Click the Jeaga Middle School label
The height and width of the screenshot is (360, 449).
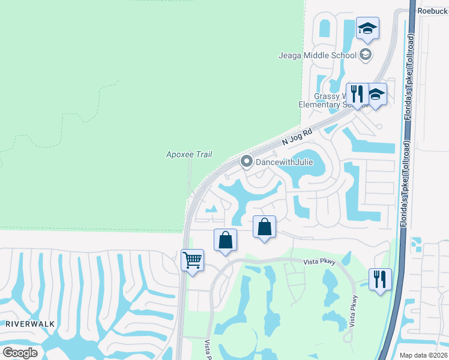[317, 56]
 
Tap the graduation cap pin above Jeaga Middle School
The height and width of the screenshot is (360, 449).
[367, 29]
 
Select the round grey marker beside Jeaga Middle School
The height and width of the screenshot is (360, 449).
[365, 56]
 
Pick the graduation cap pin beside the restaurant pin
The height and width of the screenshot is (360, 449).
[376, 95]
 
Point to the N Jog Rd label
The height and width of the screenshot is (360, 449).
[298, 137]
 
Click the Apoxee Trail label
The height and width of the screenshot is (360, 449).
[189, 155]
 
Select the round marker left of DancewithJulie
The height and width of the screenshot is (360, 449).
[246, 161]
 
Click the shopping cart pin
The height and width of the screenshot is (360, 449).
[193, 261]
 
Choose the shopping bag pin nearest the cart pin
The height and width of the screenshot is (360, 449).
[225, 241]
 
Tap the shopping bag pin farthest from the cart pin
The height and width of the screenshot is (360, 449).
[264, 227]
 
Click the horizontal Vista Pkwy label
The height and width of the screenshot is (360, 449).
[319, 262]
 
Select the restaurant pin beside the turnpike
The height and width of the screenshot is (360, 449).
[381, 280]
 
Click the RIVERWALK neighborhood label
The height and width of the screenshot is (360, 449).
[30, 323]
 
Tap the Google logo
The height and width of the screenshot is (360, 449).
[20, 353]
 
